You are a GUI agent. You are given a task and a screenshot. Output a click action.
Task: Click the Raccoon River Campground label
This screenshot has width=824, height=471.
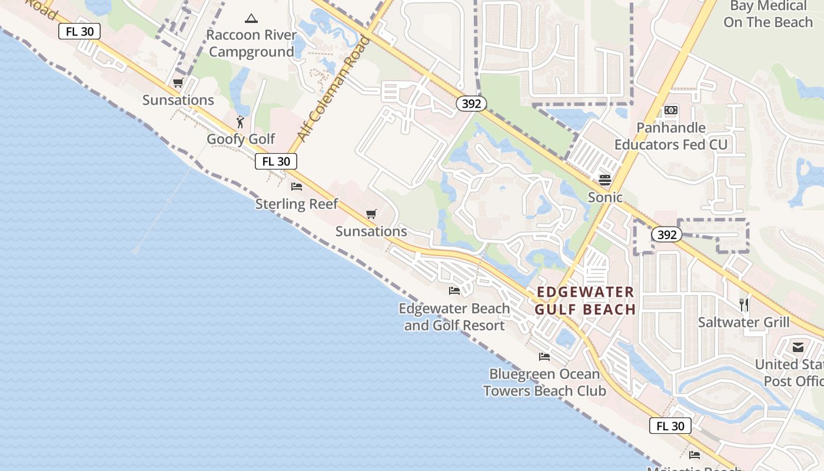(251, 44)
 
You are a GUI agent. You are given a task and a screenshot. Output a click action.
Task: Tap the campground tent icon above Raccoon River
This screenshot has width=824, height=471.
(251, 19)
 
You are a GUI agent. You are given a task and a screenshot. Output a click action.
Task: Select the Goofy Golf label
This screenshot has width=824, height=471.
(241, 139)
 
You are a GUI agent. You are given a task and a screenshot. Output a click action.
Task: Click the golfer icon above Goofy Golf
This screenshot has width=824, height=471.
(240, 122)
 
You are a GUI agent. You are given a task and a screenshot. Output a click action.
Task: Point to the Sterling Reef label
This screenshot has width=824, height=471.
(297, 204)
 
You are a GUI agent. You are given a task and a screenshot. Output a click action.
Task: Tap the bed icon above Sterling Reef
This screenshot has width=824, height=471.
(297, 187)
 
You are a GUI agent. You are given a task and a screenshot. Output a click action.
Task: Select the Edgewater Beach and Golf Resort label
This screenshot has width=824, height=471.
(454, 317)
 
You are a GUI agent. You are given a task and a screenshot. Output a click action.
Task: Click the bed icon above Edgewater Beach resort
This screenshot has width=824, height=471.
(454, 291)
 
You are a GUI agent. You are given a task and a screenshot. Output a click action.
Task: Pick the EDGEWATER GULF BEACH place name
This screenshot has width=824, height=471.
(586, 301)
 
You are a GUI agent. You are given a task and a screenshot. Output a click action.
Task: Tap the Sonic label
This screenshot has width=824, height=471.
(605, 197)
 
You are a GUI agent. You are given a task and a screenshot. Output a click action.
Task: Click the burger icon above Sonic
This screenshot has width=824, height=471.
(605, 180)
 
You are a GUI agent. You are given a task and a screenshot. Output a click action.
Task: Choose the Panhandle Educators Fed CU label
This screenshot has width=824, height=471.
(671, 136)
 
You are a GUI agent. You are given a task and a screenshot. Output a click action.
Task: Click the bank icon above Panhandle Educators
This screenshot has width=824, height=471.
(671, 110)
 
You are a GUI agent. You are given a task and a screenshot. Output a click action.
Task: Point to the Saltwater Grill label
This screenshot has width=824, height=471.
(744, 322)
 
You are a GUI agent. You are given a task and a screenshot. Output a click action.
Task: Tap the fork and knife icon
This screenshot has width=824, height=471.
(744, 305)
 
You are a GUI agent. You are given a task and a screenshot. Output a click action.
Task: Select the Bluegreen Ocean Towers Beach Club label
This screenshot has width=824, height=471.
(544, 382)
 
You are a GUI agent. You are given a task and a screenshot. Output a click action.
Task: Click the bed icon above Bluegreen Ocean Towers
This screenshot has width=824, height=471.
(544, 357)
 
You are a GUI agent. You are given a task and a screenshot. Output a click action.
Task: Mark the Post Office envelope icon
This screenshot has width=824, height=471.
(798, 347)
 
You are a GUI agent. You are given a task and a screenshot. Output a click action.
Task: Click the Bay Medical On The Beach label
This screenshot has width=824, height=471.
(768, 14)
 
